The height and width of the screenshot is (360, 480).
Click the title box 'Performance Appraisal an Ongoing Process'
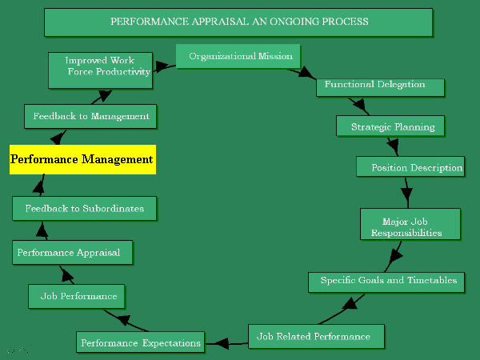tap(238, 22)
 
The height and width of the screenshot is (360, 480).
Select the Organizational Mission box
tap(238, 57)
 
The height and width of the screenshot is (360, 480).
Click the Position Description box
tap(410, 167)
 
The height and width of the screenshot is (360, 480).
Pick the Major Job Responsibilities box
tap(410, 224)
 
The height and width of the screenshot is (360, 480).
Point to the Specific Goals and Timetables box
tap(386, 281)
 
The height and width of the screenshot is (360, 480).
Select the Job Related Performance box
tap(317, 336)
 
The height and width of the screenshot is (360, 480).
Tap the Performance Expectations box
tap(140, 342)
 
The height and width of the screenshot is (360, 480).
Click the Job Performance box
tap(78, 296)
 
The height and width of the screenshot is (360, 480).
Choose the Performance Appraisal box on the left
tap(72, 253)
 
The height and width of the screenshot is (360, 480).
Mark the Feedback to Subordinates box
tap(84, 209)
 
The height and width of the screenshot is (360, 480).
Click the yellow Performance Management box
tap(82, 160)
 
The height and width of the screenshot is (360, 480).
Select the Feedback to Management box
tap(90, 116)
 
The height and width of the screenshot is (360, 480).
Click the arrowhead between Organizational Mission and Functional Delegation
tap(308, 74)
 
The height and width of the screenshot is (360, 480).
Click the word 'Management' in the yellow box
tap(116, 160)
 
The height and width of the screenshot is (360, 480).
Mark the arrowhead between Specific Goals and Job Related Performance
tap(349, 304)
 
